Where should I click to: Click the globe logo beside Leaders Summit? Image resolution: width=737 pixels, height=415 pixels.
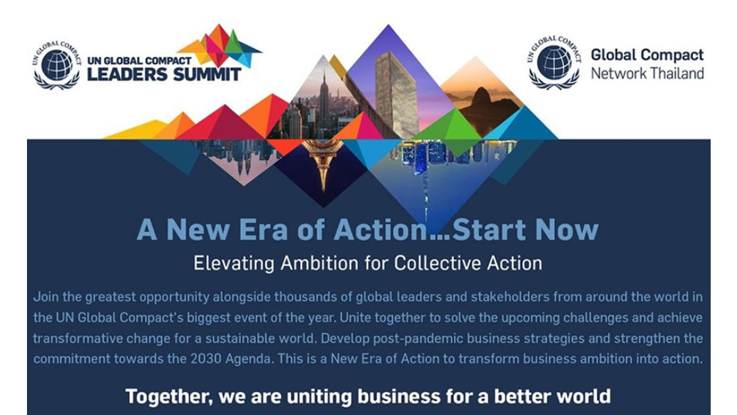tap(57, 65)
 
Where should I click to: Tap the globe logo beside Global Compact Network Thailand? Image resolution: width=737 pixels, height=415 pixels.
tap(554, 62)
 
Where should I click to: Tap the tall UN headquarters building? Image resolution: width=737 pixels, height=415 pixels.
tap(396, 94)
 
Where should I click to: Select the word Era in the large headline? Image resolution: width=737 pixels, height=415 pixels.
tap(263, 230)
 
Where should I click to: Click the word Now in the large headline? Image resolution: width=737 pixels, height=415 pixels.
tap(567, 230)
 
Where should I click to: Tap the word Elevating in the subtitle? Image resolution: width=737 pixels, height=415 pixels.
tap(234, 263)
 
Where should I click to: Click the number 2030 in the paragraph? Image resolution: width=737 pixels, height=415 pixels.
tap(205, 358)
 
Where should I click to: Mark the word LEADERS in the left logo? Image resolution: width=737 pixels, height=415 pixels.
tap(127, 74)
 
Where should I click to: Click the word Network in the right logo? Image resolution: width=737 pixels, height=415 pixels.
tap(618, 73)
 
